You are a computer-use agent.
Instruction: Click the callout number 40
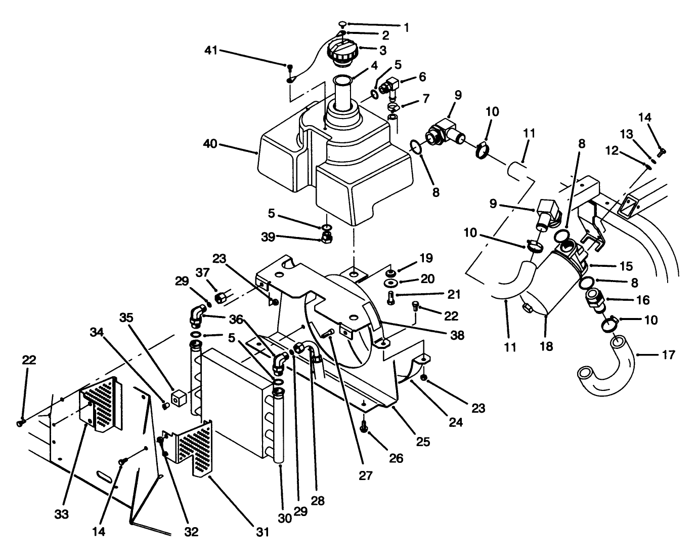[210, 144]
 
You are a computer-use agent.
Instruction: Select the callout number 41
[212, 50]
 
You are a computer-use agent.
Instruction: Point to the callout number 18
[547, 346]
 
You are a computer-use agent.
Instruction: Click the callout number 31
[262, 532]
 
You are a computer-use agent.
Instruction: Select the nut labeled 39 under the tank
[327, 237]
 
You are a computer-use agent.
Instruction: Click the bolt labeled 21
[391, 298]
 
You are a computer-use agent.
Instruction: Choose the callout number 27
[366, 476]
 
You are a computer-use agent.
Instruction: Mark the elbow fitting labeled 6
[390, 86]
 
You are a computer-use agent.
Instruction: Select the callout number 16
[643, 300]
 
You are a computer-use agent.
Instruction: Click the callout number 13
[627, 134]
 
